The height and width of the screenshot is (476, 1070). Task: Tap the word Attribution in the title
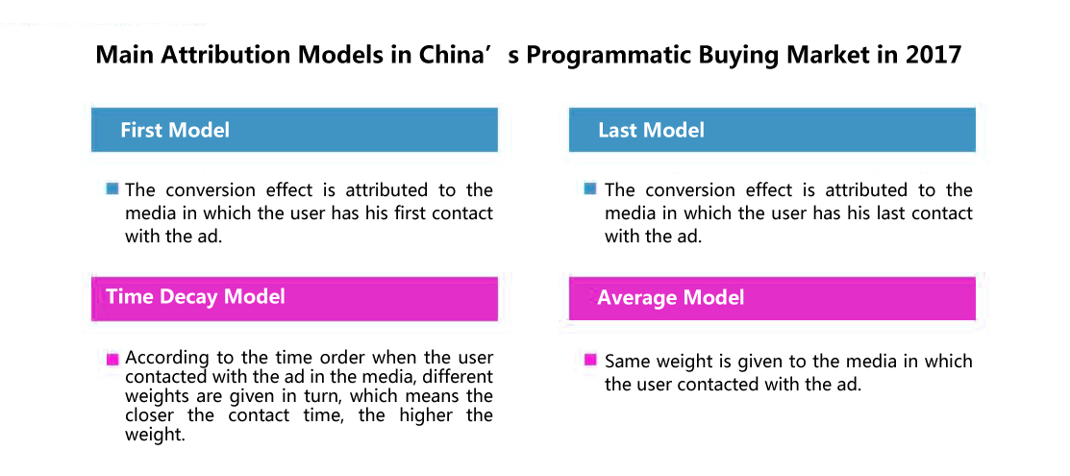point(228,55)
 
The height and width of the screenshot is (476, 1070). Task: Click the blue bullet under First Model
point(112,188)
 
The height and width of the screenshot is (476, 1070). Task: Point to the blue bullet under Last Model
point(591,188)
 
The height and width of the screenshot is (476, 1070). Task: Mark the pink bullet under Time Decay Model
point(112,360)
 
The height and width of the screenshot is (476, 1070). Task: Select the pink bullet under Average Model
point(591,360)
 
